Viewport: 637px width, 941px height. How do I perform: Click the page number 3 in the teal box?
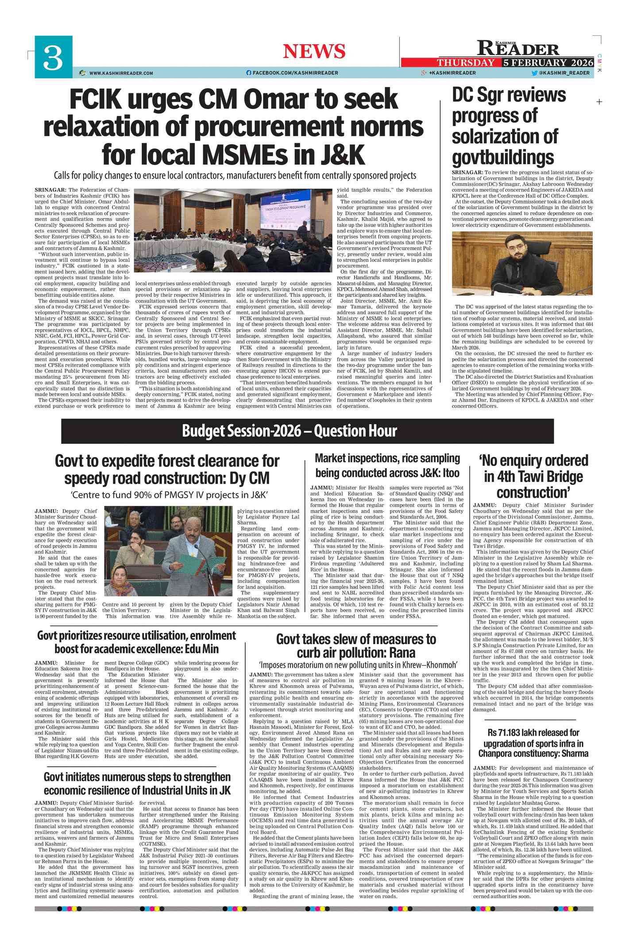pos(53,58)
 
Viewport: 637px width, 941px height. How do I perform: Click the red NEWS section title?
pos(314,51)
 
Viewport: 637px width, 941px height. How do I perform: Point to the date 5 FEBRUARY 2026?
pos(548,62)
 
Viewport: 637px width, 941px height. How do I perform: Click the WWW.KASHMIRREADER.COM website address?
pos(121,73)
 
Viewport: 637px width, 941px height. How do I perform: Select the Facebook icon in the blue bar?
pos(249,73)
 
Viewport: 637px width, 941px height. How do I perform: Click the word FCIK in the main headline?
pos(95,99)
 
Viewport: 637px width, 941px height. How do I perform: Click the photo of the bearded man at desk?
pos(522,264)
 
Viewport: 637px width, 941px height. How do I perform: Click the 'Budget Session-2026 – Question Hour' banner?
pos(290,431)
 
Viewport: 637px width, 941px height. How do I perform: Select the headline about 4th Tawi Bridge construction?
pos(533,476)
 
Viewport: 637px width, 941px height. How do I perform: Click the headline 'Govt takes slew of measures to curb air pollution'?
pos(356,645)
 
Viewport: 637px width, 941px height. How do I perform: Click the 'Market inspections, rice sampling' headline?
pos(387,465)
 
